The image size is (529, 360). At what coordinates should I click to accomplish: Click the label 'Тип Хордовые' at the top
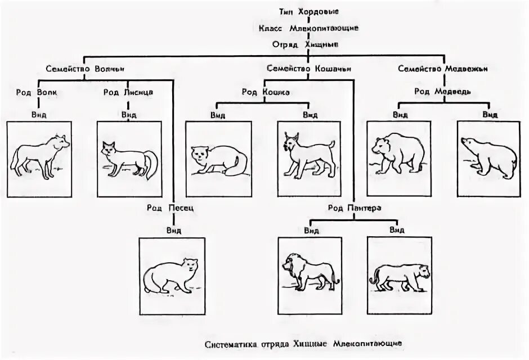(308, 12)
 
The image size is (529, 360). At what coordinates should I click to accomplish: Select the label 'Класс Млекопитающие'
(308, 28)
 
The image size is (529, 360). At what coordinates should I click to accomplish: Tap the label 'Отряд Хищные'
(308, 44)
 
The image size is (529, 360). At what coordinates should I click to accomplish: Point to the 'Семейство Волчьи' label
(84, 69)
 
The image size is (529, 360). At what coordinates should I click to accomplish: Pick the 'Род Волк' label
(37, 92)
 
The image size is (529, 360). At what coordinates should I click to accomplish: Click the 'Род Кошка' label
(266, 92)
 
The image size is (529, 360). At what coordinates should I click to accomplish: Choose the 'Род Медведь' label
(443, 91)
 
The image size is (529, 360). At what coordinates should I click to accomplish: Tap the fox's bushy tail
(149, 163)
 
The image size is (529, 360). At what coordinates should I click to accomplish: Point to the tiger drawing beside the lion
(400, 274)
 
